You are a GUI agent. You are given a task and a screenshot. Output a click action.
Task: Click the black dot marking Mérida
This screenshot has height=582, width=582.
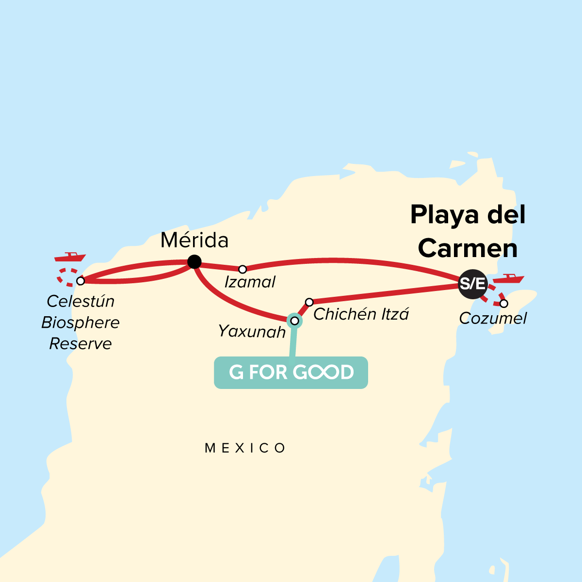(x=194, y=262)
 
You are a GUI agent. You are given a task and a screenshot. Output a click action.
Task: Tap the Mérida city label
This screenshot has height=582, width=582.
(x=194, y=241)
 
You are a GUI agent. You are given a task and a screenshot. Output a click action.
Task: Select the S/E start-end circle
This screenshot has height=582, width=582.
(x=472, y=283)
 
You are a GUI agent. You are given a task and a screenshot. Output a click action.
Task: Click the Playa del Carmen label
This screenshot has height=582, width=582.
(x=468, y=231)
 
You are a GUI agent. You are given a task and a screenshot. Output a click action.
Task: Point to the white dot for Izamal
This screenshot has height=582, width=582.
(x=242, y=269)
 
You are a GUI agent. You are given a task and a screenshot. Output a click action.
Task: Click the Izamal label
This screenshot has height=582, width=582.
(x=250, y=282)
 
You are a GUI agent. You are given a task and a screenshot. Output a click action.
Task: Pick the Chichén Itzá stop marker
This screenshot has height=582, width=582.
(x=309, y=302)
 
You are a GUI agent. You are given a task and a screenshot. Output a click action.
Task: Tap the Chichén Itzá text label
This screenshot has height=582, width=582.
(x=361, y=314)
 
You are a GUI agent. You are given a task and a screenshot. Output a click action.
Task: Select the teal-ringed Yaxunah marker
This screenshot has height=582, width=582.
(x=294, y=320)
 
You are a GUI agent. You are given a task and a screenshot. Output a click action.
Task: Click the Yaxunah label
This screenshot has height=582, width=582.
(x=252, y=331)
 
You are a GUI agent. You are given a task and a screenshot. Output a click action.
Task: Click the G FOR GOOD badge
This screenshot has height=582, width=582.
(x=291, y=372)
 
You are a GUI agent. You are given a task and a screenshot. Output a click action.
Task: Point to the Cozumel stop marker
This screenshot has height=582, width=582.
(x=504, y=304)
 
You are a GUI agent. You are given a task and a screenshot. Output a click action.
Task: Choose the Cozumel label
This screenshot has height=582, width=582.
(x=493, y=319)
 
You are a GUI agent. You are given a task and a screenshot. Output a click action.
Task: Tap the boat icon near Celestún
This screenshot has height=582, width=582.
(x=70, y=257)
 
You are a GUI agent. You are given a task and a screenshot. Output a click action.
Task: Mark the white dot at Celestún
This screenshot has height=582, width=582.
(x=81, y=281)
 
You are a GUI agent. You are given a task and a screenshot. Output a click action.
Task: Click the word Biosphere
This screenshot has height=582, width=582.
(x=81, y=323)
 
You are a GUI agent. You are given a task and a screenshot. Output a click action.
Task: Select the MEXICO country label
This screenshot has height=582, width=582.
(x=245, y=448)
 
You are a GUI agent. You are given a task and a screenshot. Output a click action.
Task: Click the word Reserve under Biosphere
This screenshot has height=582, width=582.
(x=81, y=344)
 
